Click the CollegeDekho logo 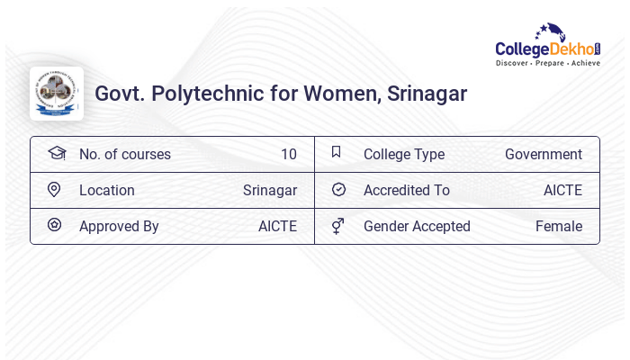547,45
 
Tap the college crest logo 57,93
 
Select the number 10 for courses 288,154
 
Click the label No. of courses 124,154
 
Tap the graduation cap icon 57,153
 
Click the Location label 106,190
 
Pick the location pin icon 54,189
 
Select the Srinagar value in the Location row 269,190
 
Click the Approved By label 119,226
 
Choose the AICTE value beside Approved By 277,226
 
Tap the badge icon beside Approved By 54,225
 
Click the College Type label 403,154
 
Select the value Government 543,154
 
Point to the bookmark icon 337,152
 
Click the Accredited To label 406,190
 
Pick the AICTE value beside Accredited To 562,190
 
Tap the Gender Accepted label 417,226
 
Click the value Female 558,226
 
